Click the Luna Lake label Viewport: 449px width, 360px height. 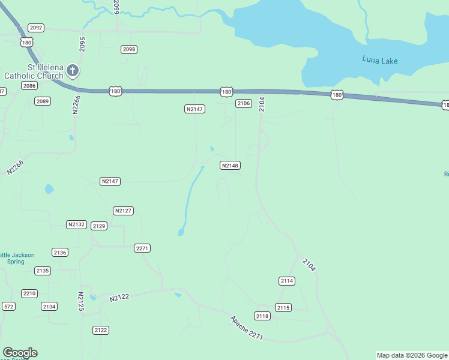pos(380,61)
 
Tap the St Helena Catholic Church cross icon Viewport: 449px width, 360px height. pos(72,71)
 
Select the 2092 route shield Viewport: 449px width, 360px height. pos(36,28)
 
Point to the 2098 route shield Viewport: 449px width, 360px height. pos(128,49)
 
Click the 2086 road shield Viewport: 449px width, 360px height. pos(29,86)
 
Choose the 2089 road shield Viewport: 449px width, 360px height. pos(42,101)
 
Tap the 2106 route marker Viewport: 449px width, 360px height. pos(243,103)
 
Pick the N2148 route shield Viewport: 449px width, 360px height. pos(230,165)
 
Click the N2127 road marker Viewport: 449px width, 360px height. pos(123,211)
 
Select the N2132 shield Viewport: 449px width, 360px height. pos(76,224)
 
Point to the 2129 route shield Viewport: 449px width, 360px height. pos(99,226)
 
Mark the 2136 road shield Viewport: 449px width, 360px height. pos(60,253)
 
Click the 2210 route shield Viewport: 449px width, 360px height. pos(29,293)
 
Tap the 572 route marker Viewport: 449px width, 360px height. pos(8,307)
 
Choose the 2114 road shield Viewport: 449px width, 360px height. pos(287,281)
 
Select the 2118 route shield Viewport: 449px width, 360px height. pos(262,316)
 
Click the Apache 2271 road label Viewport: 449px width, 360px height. pos(246,328)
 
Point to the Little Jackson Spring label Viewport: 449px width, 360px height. pos(17,259)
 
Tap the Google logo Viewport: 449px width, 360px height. pos(20,353)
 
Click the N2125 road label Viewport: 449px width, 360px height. pos(80,301)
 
